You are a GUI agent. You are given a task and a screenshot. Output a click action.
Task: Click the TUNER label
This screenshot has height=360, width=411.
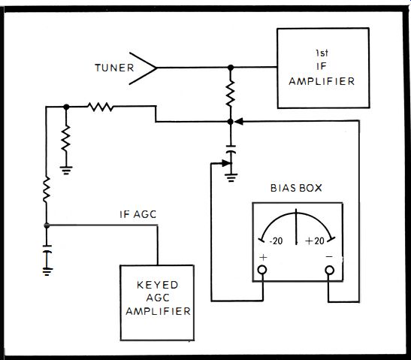click(114, 68)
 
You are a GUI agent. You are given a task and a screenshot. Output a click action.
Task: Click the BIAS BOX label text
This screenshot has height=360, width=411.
click(296, 188)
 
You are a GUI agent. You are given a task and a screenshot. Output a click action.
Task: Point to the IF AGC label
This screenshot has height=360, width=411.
click(138, 214)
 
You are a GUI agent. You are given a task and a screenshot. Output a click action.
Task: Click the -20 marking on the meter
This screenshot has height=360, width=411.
click(276, 241)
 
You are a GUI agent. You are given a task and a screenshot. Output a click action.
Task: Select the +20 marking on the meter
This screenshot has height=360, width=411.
click(315, 241)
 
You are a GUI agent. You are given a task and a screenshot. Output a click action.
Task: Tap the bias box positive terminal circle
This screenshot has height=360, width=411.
click(262, 270)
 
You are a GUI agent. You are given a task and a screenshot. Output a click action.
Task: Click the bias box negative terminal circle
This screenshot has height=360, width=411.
click(330, 270)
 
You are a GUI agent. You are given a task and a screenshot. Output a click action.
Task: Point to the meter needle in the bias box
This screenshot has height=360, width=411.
click(296, 227)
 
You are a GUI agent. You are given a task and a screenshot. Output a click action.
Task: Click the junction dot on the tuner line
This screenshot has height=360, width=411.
click(231, 68)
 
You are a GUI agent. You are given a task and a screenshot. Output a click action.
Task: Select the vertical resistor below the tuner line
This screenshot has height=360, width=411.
click(231, 93)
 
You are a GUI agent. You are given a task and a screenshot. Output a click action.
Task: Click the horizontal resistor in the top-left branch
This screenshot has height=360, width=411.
click(101, 107)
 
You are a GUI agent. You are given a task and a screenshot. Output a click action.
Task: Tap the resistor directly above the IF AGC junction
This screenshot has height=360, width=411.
click(47, 189)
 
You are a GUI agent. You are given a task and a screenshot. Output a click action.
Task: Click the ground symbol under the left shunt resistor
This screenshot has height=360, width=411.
click(66, 171)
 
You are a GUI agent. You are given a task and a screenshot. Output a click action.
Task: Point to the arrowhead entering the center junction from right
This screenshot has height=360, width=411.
click(238, 122)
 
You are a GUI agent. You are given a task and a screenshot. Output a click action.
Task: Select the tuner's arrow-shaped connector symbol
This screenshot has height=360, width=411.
click(143, 68)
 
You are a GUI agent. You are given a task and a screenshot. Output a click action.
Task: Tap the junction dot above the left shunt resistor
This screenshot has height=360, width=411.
click(66, 107)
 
